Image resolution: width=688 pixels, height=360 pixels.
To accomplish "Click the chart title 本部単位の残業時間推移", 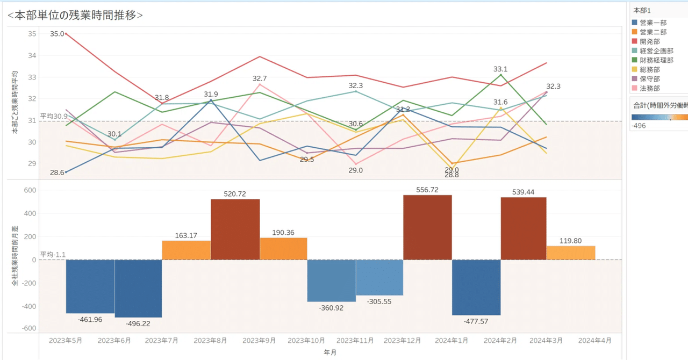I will [75, 15].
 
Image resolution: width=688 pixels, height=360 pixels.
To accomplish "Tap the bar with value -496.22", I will [138, 289].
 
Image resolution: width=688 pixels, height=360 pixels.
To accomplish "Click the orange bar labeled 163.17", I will [187, 250].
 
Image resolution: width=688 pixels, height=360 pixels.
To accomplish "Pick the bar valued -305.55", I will [379, 277].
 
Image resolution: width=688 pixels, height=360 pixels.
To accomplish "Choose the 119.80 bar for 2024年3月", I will [571, 253].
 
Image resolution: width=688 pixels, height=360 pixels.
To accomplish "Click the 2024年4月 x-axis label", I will [594, 341].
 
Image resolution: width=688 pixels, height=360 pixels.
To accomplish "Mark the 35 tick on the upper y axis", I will [32, 34].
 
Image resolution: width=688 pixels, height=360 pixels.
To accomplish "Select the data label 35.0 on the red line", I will [57, 34].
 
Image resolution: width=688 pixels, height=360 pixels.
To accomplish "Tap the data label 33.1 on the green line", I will [500, 69].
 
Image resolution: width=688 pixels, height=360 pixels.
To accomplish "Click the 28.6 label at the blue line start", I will [57, 172].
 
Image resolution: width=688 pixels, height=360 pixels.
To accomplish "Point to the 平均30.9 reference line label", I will [54, 116].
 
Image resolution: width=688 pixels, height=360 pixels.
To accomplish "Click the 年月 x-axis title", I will [331, 352].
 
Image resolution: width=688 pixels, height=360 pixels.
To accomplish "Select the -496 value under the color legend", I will [639, 126].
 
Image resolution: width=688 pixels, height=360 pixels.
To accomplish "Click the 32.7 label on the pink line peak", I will [260, 78].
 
